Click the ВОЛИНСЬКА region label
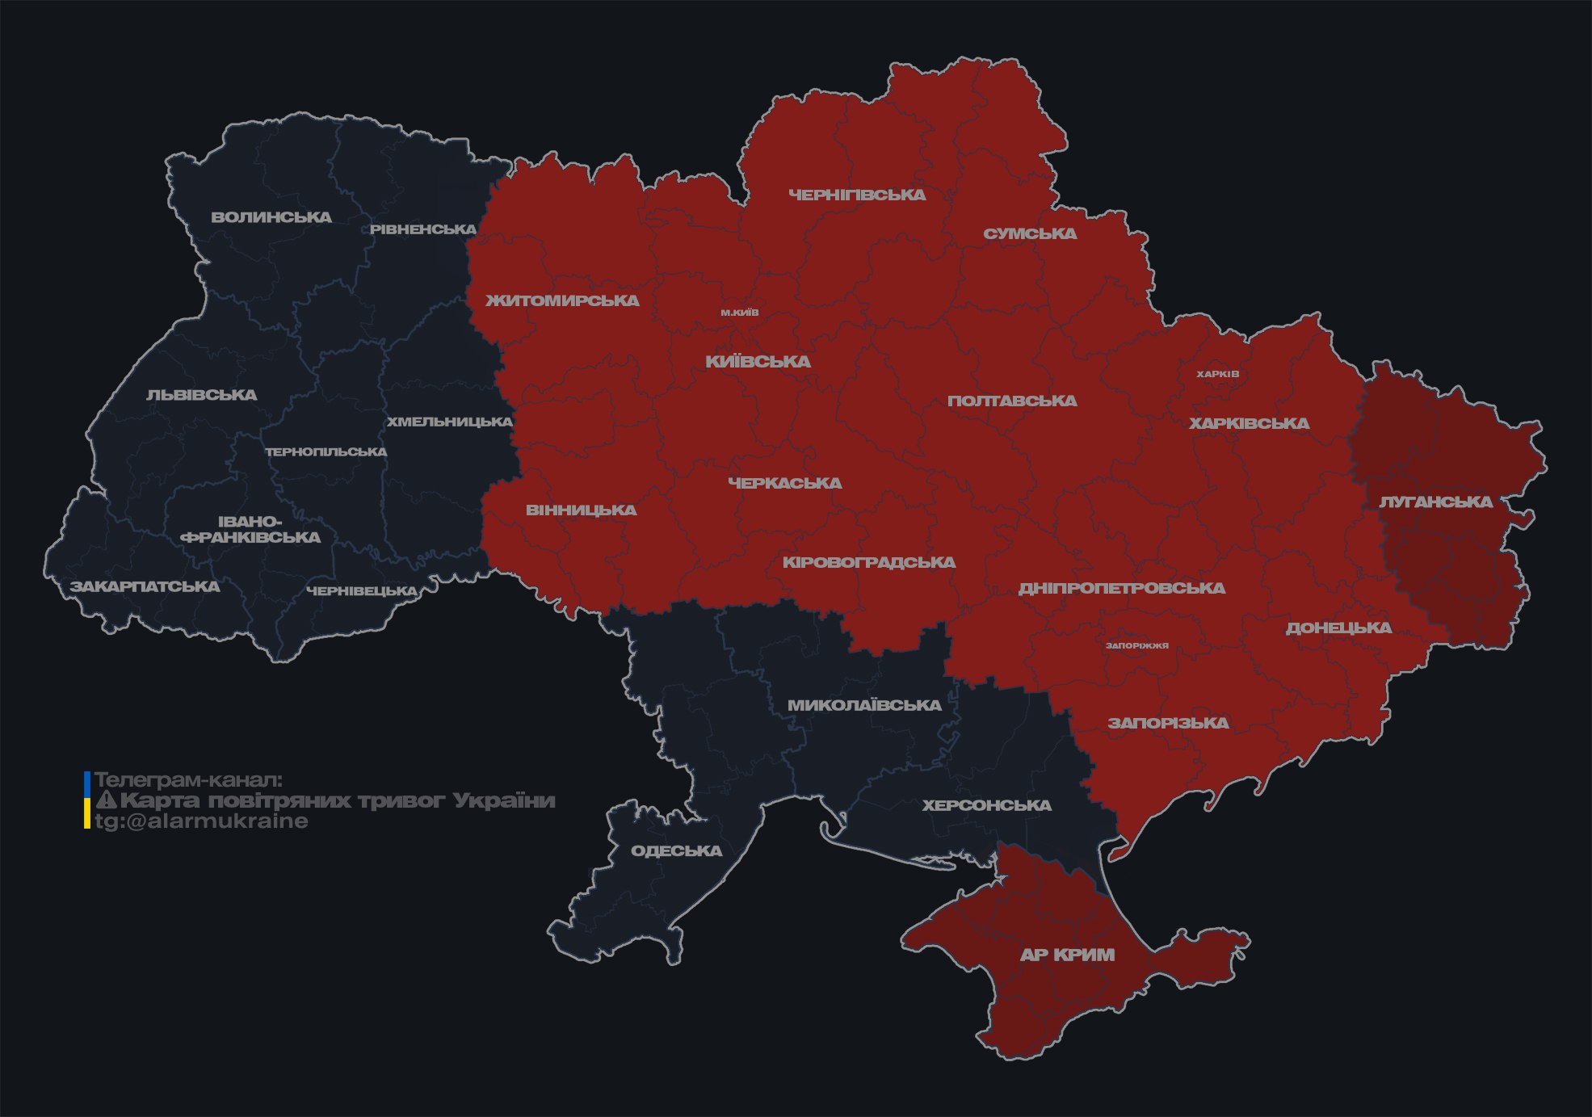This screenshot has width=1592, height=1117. [x=271, y=217]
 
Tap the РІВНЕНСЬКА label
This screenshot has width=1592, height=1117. [x=423, y=229]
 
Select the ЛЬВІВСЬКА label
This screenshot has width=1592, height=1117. [x=202, y=395]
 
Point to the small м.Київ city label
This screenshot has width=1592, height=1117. [x=740, y=313]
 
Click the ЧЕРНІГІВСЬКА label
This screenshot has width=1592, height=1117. [x=857, y=195]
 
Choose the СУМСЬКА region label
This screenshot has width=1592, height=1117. [x=1030, y=234]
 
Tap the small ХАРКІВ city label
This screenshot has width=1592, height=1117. [x=1217, y=374]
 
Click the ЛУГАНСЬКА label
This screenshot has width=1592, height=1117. [x=1435, y=502]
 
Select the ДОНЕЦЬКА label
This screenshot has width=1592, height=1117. [x=1338, y=628]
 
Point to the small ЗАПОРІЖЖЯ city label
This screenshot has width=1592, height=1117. [x=1136, y=645]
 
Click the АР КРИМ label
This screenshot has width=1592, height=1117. [x=1067, y=955]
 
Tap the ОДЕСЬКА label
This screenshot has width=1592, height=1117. [x=676, y=850]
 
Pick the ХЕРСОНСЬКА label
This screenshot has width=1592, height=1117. [x=986, y=805]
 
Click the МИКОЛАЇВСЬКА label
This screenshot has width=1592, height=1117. [x=864, y=705]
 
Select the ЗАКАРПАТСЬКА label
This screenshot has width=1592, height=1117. [x=145, y=586]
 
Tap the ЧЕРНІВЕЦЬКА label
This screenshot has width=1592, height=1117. [x=362, y=591]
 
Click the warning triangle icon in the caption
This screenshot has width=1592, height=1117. [x=106, y=800]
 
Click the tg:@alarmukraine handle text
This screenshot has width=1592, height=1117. [x=201, y=821]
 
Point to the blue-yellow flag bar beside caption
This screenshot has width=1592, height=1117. [x=87, y=800]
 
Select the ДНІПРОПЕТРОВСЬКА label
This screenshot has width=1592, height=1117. [x=1121, y=588]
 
